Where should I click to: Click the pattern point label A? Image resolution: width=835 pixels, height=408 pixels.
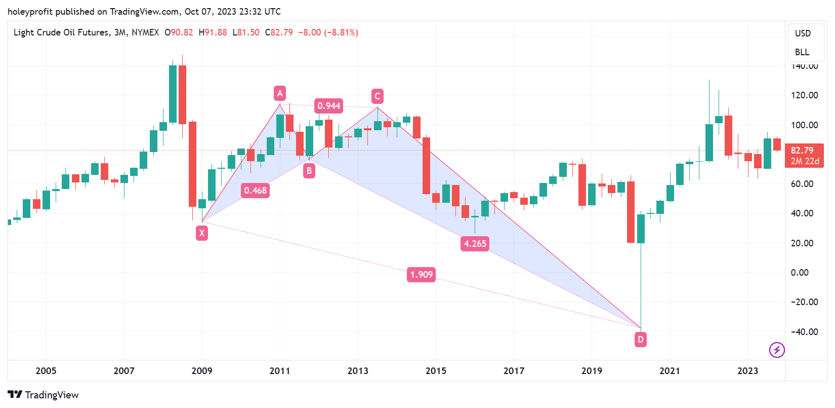click(280, 93)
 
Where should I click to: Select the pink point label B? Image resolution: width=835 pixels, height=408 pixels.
click(309, 171)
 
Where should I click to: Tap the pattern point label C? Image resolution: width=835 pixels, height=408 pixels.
click(377, 96)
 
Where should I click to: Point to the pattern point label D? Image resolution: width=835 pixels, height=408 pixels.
click(641, 339)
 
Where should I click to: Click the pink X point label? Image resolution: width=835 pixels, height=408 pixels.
click(202, 233)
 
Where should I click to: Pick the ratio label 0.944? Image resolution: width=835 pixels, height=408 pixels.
click(329, 106)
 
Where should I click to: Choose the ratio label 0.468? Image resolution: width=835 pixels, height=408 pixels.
click(255, 191)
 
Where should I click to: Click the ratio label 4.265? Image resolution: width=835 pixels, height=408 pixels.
click(475, 244)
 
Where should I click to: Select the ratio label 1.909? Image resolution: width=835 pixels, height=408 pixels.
click(422, 275)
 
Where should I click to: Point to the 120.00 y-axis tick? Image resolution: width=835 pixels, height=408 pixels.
click(804, 95)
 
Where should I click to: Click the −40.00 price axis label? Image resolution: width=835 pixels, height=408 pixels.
click(804, 332)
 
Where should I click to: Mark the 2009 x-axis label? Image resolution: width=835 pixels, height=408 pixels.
click(202, 370)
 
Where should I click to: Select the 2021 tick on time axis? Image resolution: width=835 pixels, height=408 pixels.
click(670, 370)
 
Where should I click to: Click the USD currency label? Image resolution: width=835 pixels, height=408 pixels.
click(803, 33)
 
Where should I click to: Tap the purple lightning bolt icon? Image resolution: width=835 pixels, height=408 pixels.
click(777, 350)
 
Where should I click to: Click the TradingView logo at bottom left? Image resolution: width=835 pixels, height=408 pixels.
click(44, 395)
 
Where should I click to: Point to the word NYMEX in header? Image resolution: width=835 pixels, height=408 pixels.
click(145, 32)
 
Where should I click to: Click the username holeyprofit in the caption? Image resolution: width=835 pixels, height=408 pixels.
click(30, 11)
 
